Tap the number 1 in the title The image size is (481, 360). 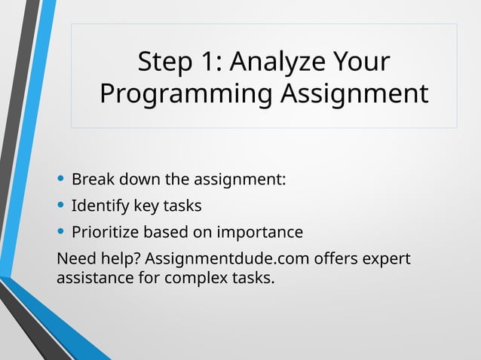click(208, 63)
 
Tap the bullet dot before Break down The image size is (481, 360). click(61, 180)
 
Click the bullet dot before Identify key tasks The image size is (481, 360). click(61, 206)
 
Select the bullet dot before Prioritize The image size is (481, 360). click(61, 231)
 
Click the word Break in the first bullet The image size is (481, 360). click(90, 181)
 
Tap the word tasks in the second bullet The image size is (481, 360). click(182, 206)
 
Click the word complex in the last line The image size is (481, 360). click(191, 279)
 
